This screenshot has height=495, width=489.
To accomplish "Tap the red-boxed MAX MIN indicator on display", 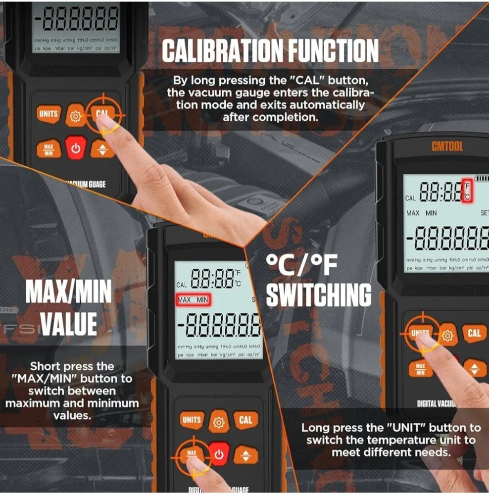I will click(x=193, y=300).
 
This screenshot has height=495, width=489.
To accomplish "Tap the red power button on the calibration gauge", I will click(x=76, y=148).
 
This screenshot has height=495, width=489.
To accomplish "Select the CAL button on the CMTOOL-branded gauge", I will click(x=474, y=333).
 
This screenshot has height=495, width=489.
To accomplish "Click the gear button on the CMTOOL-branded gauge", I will click(x=447, y=336).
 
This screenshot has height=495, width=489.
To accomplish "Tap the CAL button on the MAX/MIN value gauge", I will click(x=245, y=420).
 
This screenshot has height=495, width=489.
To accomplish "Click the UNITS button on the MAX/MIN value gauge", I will click(x=192, y=420).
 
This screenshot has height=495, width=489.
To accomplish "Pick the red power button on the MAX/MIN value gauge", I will click(x=218, y=454).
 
